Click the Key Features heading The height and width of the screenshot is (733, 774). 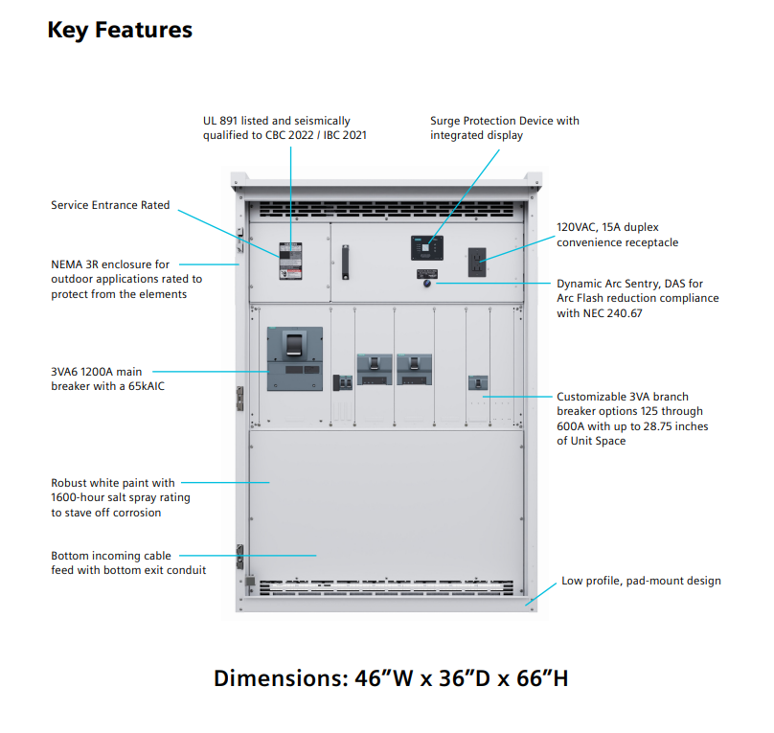pos(120,31)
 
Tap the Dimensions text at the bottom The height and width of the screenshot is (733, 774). pos(391,678)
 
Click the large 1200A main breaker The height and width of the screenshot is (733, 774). pos(293,358)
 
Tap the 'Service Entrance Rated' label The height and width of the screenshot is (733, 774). pos(110,205)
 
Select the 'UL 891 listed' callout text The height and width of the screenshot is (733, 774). pos(284,128)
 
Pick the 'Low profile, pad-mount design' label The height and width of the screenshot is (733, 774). pos(641,581)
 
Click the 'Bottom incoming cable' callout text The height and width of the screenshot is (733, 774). pos(128,562)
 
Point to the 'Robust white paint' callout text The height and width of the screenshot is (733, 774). pos(120,497)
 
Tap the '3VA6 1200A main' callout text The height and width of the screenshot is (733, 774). pos(108,378)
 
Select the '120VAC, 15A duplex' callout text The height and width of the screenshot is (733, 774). pos(617,236)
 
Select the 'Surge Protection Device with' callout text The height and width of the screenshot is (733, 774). pos(504,128)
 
